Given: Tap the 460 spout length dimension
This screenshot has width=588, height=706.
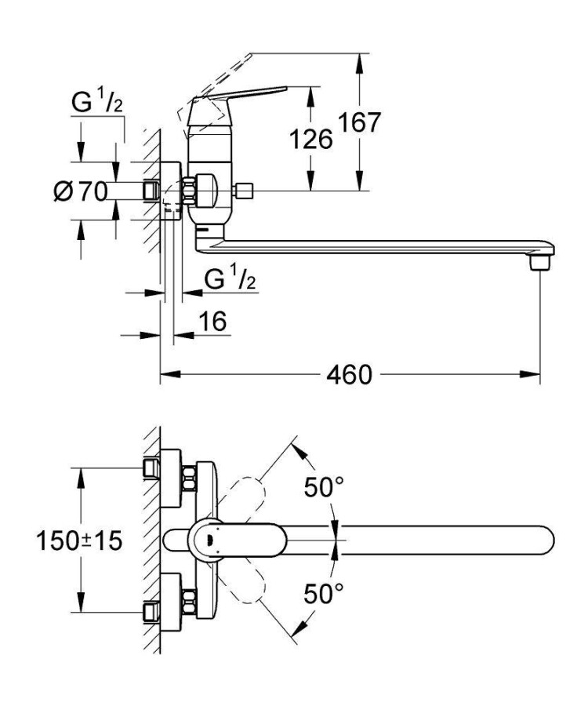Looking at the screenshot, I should (x=349, y=375).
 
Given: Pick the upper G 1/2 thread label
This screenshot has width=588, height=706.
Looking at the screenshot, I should (x=97, y=101).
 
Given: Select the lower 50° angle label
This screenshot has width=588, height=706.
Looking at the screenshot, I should (x=325, y=595).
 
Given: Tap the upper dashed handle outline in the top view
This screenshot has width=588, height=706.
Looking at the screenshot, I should (x=245, y=498).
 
